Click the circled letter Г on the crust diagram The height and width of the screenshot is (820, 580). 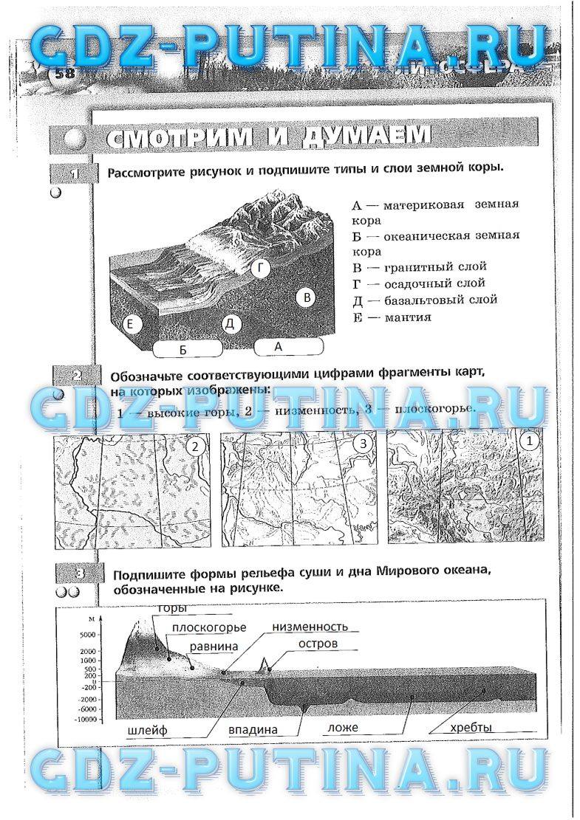(260, 269)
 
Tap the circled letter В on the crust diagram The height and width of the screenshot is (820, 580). (306, 298)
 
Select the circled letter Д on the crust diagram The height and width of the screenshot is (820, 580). (230, 324)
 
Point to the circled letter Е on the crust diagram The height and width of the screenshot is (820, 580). (130, 324)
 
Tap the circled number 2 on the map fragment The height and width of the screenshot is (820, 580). (195, 446)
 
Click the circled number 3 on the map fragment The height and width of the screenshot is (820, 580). (362, 444)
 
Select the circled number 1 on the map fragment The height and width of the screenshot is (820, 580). (528, 441)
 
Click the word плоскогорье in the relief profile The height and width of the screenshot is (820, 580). (208, 627)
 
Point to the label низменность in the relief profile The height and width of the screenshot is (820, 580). (310, 627)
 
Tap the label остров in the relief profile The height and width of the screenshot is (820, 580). (318, 644)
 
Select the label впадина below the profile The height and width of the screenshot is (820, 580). (253, 729)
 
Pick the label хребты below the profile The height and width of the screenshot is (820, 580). (471, 728)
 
